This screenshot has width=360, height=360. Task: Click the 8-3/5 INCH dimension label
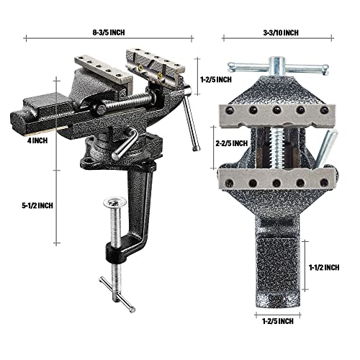110,32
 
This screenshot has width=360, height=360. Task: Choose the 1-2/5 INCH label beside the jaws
215,79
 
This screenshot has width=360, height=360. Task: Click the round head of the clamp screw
114,204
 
